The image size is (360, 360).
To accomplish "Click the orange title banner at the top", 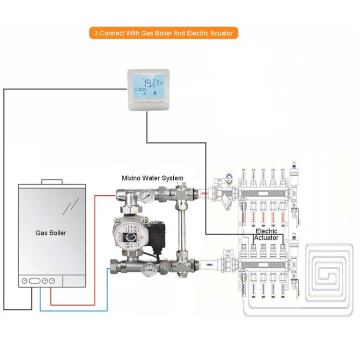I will tap(163, 33).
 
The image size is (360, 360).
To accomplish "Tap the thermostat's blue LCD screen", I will tap(148, 85).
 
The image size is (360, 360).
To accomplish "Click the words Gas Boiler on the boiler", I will tap(51, 233).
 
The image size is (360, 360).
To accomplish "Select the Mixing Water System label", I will tap(152, 178).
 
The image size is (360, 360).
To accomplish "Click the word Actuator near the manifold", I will tap(266, 238).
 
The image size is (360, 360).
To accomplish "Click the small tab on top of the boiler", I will tap(51, 182).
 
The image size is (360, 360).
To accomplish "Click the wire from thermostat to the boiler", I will tap(4, 192).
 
